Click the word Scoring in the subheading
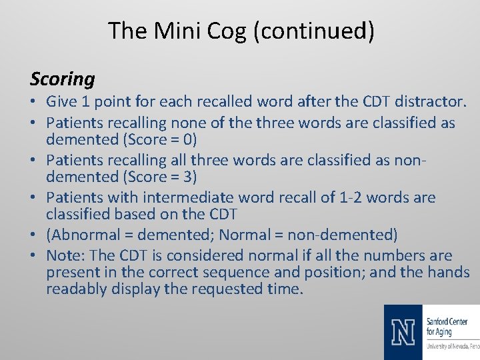click(63, 79)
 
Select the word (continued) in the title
click(313, 31)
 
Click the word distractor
click(430, 102)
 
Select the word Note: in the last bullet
click(65, 255)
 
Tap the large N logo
click(403, 332)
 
